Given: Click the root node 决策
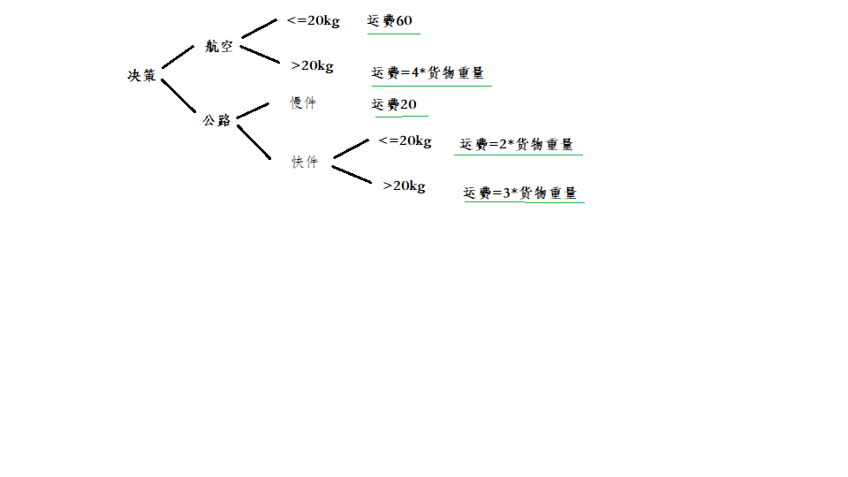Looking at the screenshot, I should pos(141,76).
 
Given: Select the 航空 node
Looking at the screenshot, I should pos(218,47).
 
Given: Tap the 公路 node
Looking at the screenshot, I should pos(216,120).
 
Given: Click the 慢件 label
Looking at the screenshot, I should pos(303,103).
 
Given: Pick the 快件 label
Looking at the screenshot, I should pos(305,163).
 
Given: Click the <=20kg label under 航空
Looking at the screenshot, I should pos(313,21).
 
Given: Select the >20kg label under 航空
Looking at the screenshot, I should pos(312,65).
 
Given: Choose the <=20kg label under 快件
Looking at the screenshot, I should pos(405,140).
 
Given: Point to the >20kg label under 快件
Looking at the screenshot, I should pos(404,186).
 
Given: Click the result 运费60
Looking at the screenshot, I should pos(390,21).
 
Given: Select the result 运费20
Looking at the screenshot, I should pos(395,105).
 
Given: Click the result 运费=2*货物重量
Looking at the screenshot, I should pos(518,144).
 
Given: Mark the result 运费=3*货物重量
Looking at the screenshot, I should pos(521,193).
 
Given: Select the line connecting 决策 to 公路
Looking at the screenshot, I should pos(178,96).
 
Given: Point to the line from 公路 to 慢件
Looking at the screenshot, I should pos(253,110).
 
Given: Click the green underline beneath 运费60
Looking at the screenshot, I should pos(394,34).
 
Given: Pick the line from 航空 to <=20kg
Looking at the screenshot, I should pos(259,28).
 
